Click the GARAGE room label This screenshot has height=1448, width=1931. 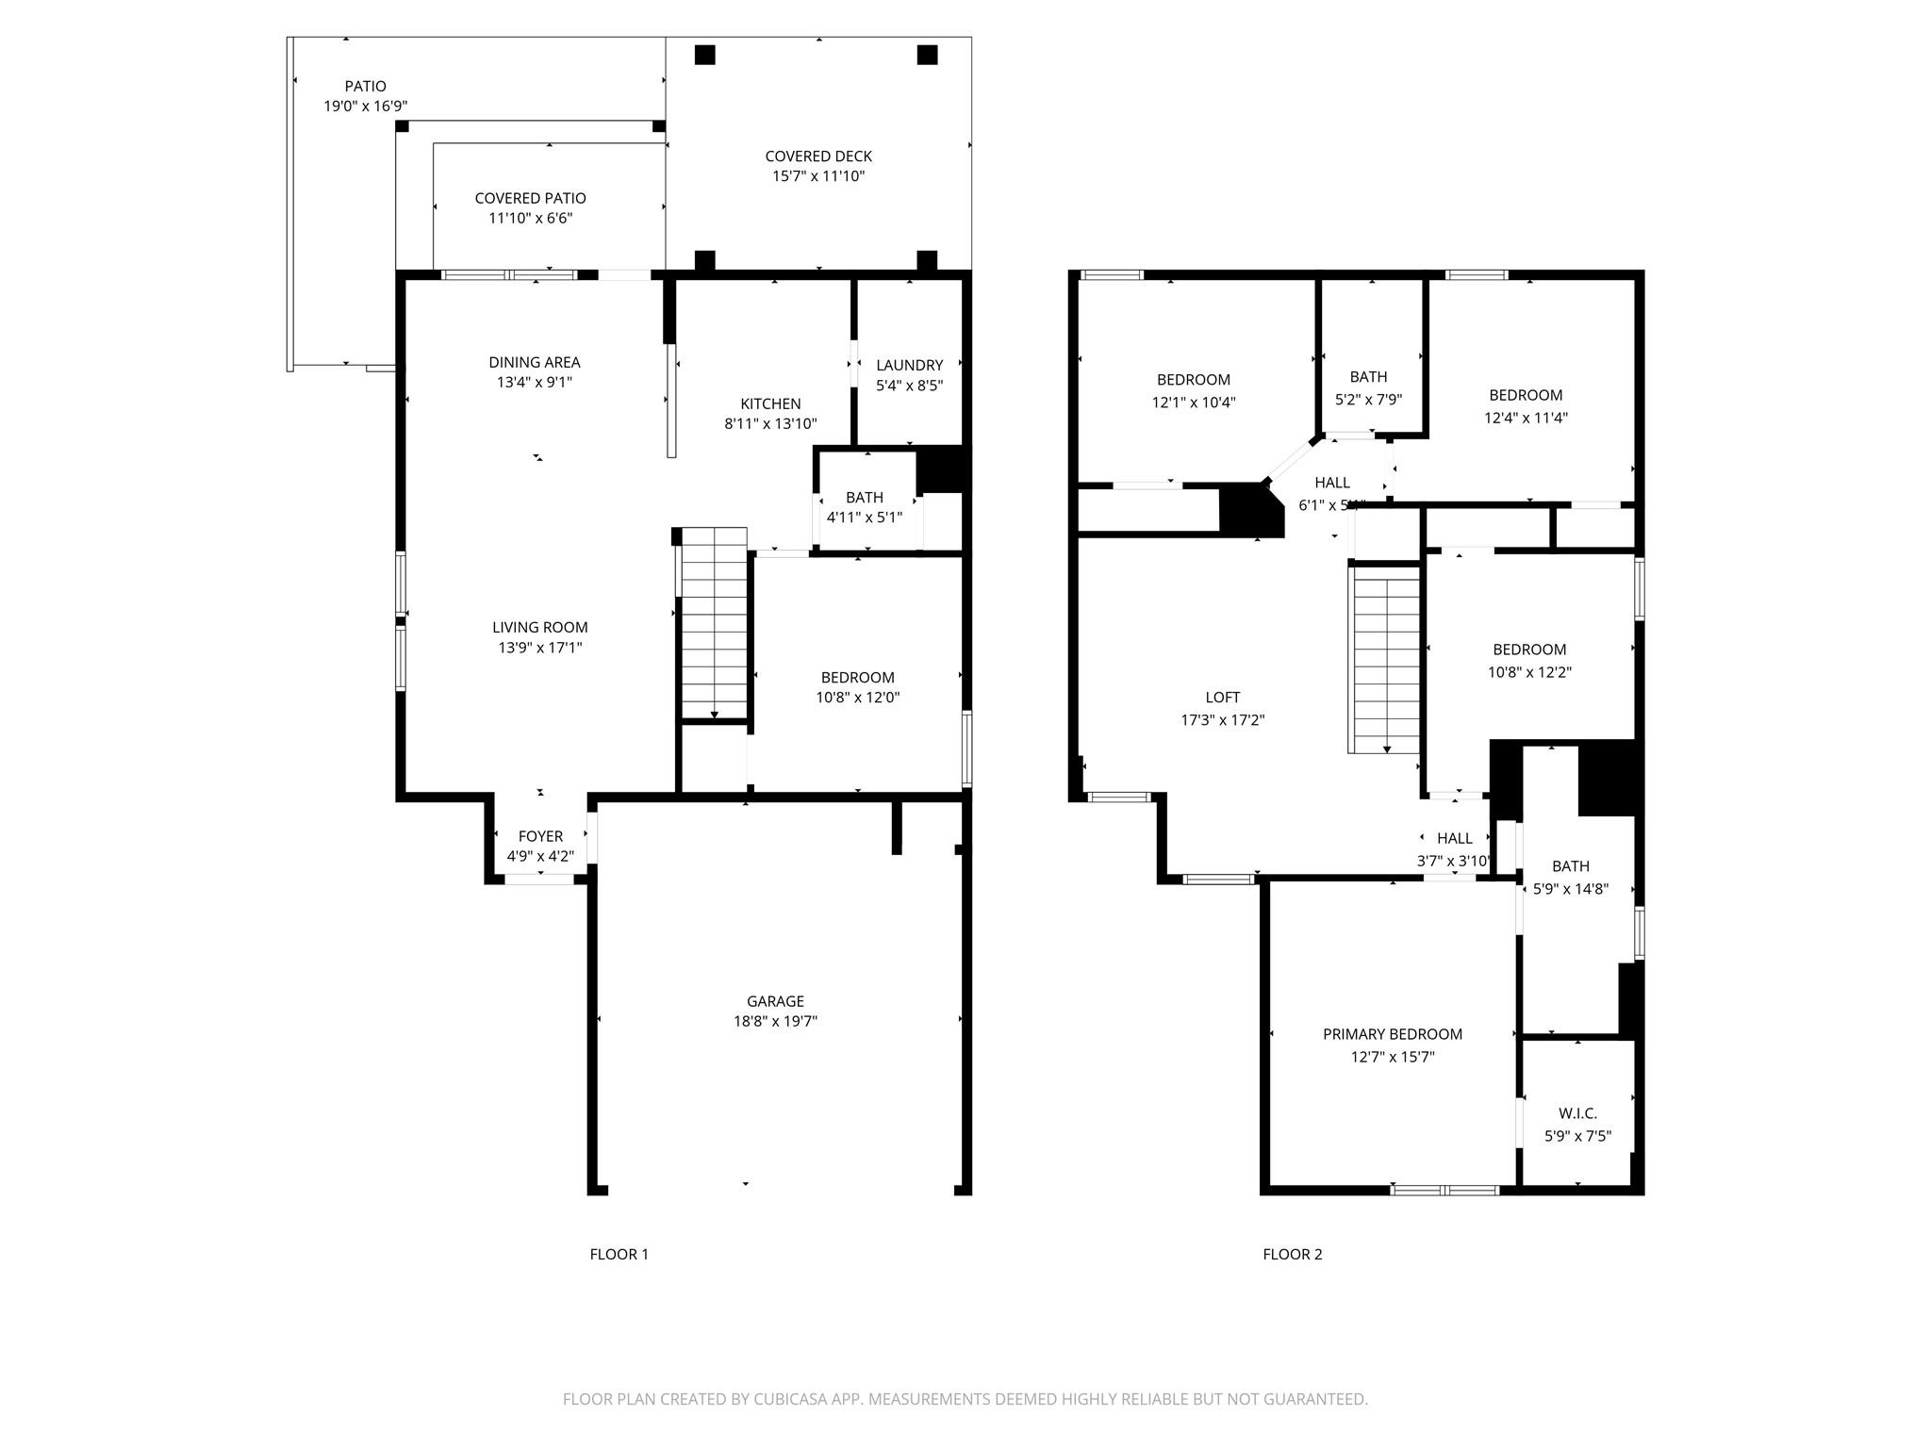click(x=775, y=1001)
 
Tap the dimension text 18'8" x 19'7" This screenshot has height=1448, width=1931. click(x=775, y=1022)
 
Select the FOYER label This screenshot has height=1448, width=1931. click(x=540, y=836)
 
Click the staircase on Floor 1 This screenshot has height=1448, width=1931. click(x=714, y=624)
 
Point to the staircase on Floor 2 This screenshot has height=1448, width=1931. click(x=1386, y=660)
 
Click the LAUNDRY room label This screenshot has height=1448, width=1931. click(x=909, y=365)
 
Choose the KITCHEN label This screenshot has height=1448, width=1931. click(x=770, y=403)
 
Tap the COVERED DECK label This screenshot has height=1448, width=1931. click(x=817, y=156)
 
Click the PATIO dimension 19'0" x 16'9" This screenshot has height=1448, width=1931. click(x=366, y=107)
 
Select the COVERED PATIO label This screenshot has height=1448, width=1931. click(x=530, y=198)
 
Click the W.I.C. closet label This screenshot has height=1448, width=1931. click(x=1577, y=1113)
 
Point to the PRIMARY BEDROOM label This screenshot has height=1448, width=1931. click(x=1392, y=1034)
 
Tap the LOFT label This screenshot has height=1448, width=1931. click(x=1222, y=698)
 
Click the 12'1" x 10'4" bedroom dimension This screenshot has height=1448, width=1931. click(x=1193, y=403)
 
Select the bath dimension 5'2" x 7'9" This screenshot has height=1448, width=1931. click(x=1368, y=400)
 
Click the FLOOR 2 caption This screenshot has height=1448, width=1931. click(x=1292, y=1254)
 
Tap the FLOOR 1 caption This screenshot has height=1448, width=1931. click(x=619, y=1254)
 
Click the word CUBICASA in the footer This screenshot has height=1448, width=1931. click(x=789, y=1400)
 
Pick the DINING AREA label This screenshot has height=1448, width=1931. click(x=534, y=362)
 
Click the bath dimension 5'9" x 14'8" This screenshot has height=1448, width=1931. click(x=1570, y=889)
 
